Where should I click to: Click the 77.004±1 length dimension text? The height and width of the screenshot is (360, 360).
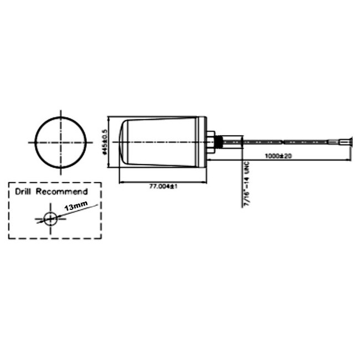point(163,187)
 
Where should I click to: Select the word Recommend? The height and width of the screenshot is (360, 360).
point(62,192)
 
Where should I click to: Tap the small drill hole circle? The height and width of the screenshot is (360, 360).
point(50,218)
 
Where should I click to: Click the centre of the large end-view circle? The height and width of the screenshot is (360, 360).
point(61,142)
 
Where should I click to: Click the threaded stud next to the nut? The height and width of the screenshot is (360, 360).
point(219,142)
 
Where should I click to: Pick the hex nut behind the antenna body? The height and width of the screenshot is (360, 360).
point(212,142)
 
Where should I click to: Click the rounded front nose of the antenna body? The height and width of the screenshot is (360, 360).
point(124,142)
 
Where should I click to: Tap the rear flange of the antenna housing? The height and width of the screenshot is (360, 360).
point(204,142)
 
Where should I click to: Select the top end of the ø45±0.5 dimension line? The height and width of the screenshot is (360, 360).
point(109,117)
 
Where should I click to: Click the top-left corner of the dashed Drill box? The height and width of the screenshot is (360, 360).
point(9,182)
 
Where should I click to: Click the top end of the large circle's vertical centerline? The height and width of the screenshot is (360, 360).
point(61,109)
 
